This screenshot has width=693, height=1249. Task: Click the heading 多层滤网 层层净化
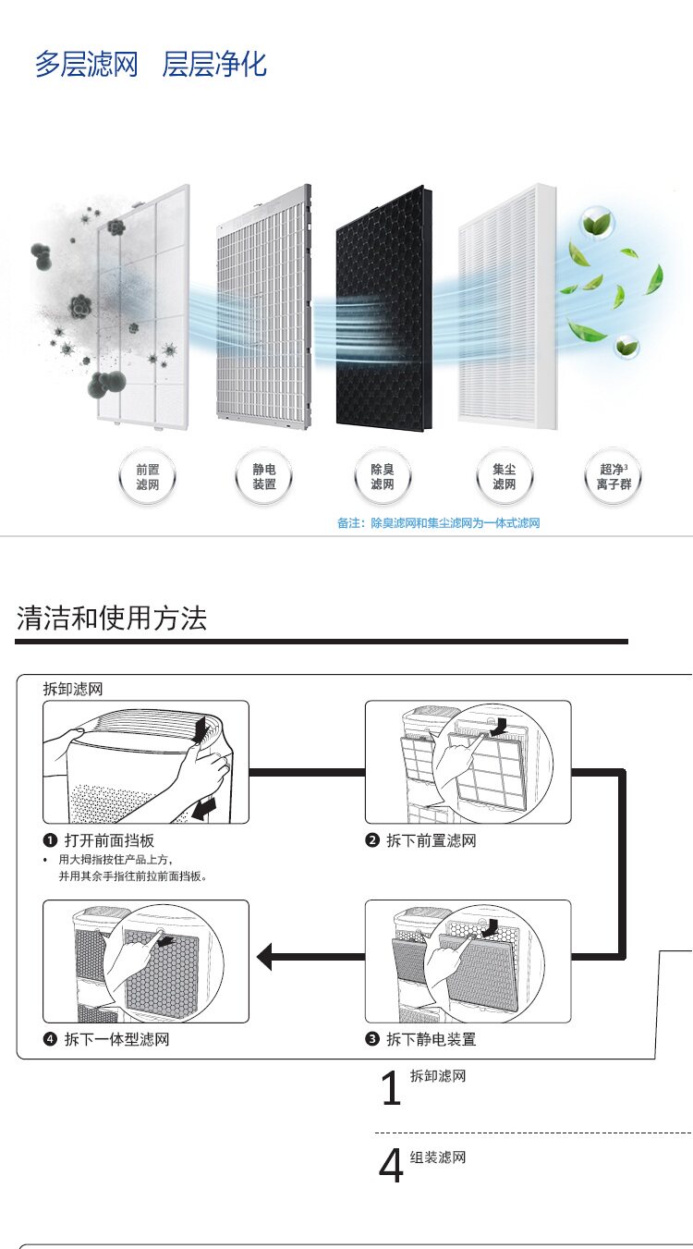coord(151,65)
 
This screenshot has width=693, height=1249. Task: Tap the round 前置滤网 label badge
coord(147,478)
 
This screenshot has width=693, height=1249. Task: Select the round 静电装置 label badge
coord(264,478)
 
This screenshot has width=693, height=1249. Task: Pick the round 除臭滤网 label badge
coord(383,478)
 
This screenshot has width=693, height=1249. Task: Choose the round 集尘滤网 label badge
coord(504,478)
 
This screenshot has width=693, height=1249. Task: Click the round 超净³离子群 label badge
coord(614,478)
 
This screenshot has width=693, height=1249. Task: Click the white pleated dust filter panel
coord(508,305)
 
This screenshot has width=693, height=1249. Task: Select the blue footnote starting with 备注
coord(438,523)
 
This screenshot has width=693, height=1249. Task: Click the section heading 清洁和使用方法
coord(112,618)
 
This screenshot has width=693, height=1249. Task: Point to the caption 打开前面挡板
coord(109,840)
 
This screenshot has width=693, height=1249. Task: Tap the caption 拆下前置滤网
coord(431,840)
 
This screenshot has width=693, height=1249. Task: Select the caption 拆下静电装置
coord(431,1039)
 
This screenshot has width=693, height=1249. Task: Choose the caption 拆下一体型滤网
coord(116,1039)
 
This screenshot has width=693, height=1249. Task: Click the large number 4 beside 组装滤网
coord(391,1167)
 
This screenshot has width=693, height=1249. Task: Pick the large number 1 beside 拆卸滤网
coord(391,1089)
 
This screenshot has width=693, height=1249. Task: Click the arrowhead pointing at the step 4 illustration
coord(264,957)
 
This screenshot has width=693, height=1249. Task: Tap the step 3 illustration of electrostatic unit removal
coord(468,961)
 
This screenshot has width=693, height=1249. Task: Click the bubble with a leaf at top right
coord(597,222)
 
